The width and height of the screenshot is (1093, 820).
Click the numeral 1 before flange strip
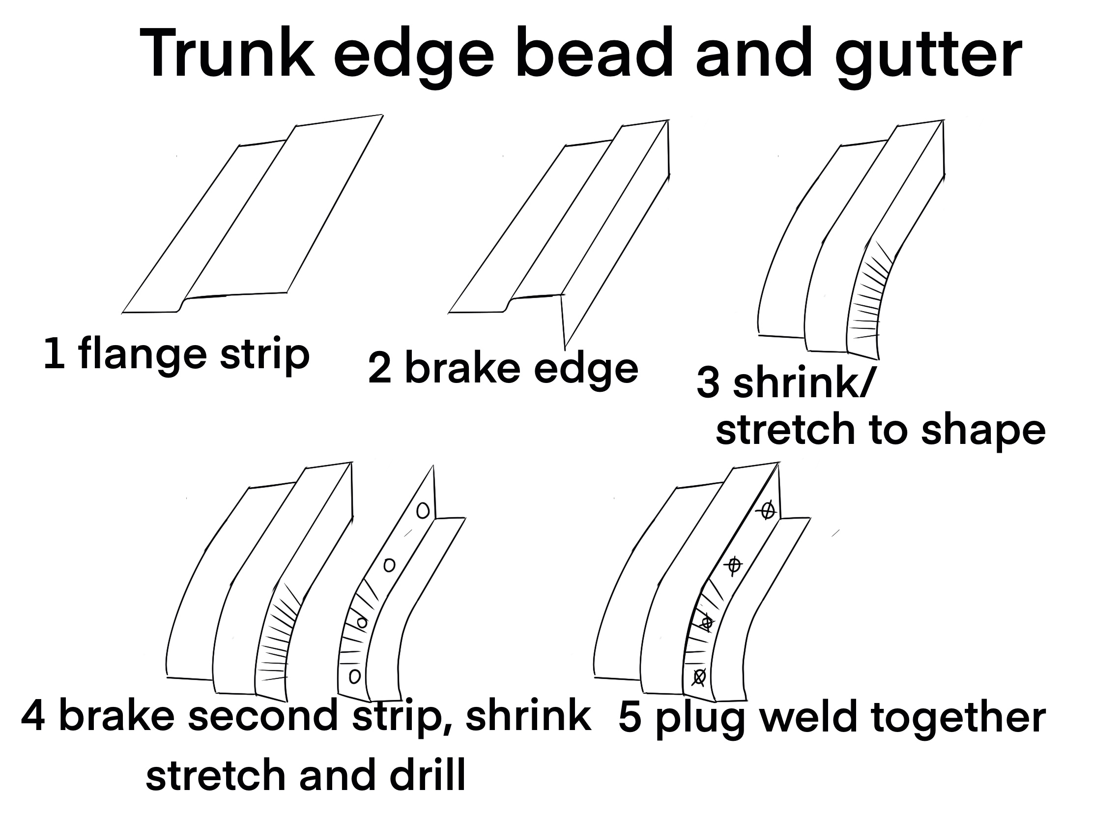pyautogui.click(x=54, y=354)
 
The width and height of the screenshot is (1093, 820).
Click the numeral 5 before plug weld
pyautogui.click(x=630, y=718)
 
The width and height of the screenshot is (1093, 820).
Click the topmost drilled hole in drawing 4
pyautogui.click(x=423, y=511)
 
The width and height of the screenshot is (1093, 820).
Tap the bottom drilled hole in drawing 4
pyautogui.click(x=355, y=675)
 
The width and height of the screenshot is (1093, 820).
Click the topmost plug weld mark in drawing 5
pyautogui.click(x=767, y=511)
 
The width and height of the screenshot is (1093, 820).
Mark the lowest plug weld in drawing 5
pyautogui.click(x=699, y=676)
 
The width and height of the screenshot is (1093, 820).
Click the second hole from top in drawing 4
pyautogui.click(x=389, y=564)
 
